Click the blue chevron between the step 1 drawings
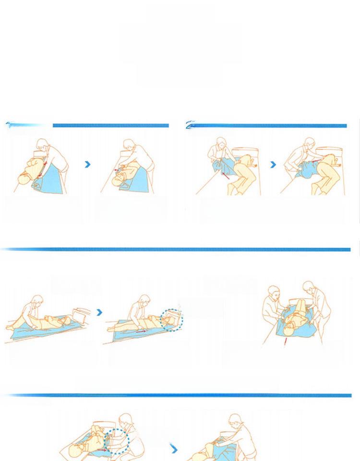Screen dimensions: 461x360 click(x=87, y=164)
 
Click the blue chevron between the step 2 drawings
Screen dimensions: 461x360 click(x=273, y=165)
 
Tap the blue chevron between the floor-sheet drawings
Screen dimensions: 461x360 click(x=99, y=312)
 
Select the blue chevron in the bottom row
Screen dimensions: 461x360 click(x=174, y=449)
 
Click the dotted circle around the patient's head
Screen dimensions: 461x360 click(x=171, y=320)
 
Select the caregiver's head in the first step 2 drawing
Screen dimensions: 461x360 click(x=221, y=143)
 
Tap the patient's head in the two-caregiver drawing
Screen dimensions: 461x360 click(x=289, y=330)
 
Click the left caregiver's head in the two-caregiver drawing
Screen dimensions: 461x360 click(x=274, y=291)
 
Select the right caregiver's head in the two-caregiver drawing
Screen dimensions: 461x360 click(x=309, y=288)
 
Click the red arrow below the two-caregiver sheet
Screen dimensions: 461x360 click(x=286, y=341)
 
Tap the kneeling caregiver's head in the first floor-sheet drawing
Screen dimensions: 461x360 click(x=37, y=301)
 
